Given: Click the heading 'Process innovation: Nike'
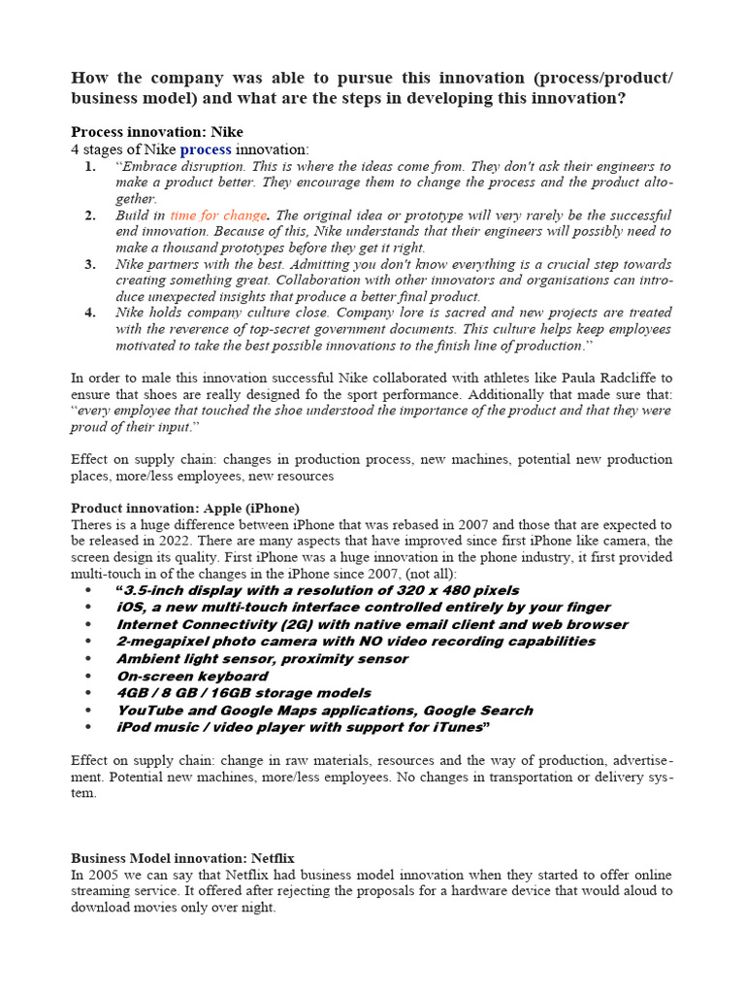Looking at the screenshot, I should point(157,132).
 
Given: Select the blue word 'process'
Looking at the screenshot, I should point(206,149).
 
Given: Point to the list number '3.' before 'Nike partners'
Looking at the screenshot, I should point(89,264).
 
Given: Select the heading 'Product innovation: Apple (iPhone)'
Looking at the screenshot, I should point(185,508).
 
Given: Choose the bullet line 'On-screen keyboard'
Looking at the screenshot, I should point(192,676).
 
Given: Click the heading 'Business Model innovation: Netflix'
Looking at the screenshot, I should point(182,858).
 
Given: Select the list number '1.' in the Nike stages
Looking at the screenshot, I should point(89,166).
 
